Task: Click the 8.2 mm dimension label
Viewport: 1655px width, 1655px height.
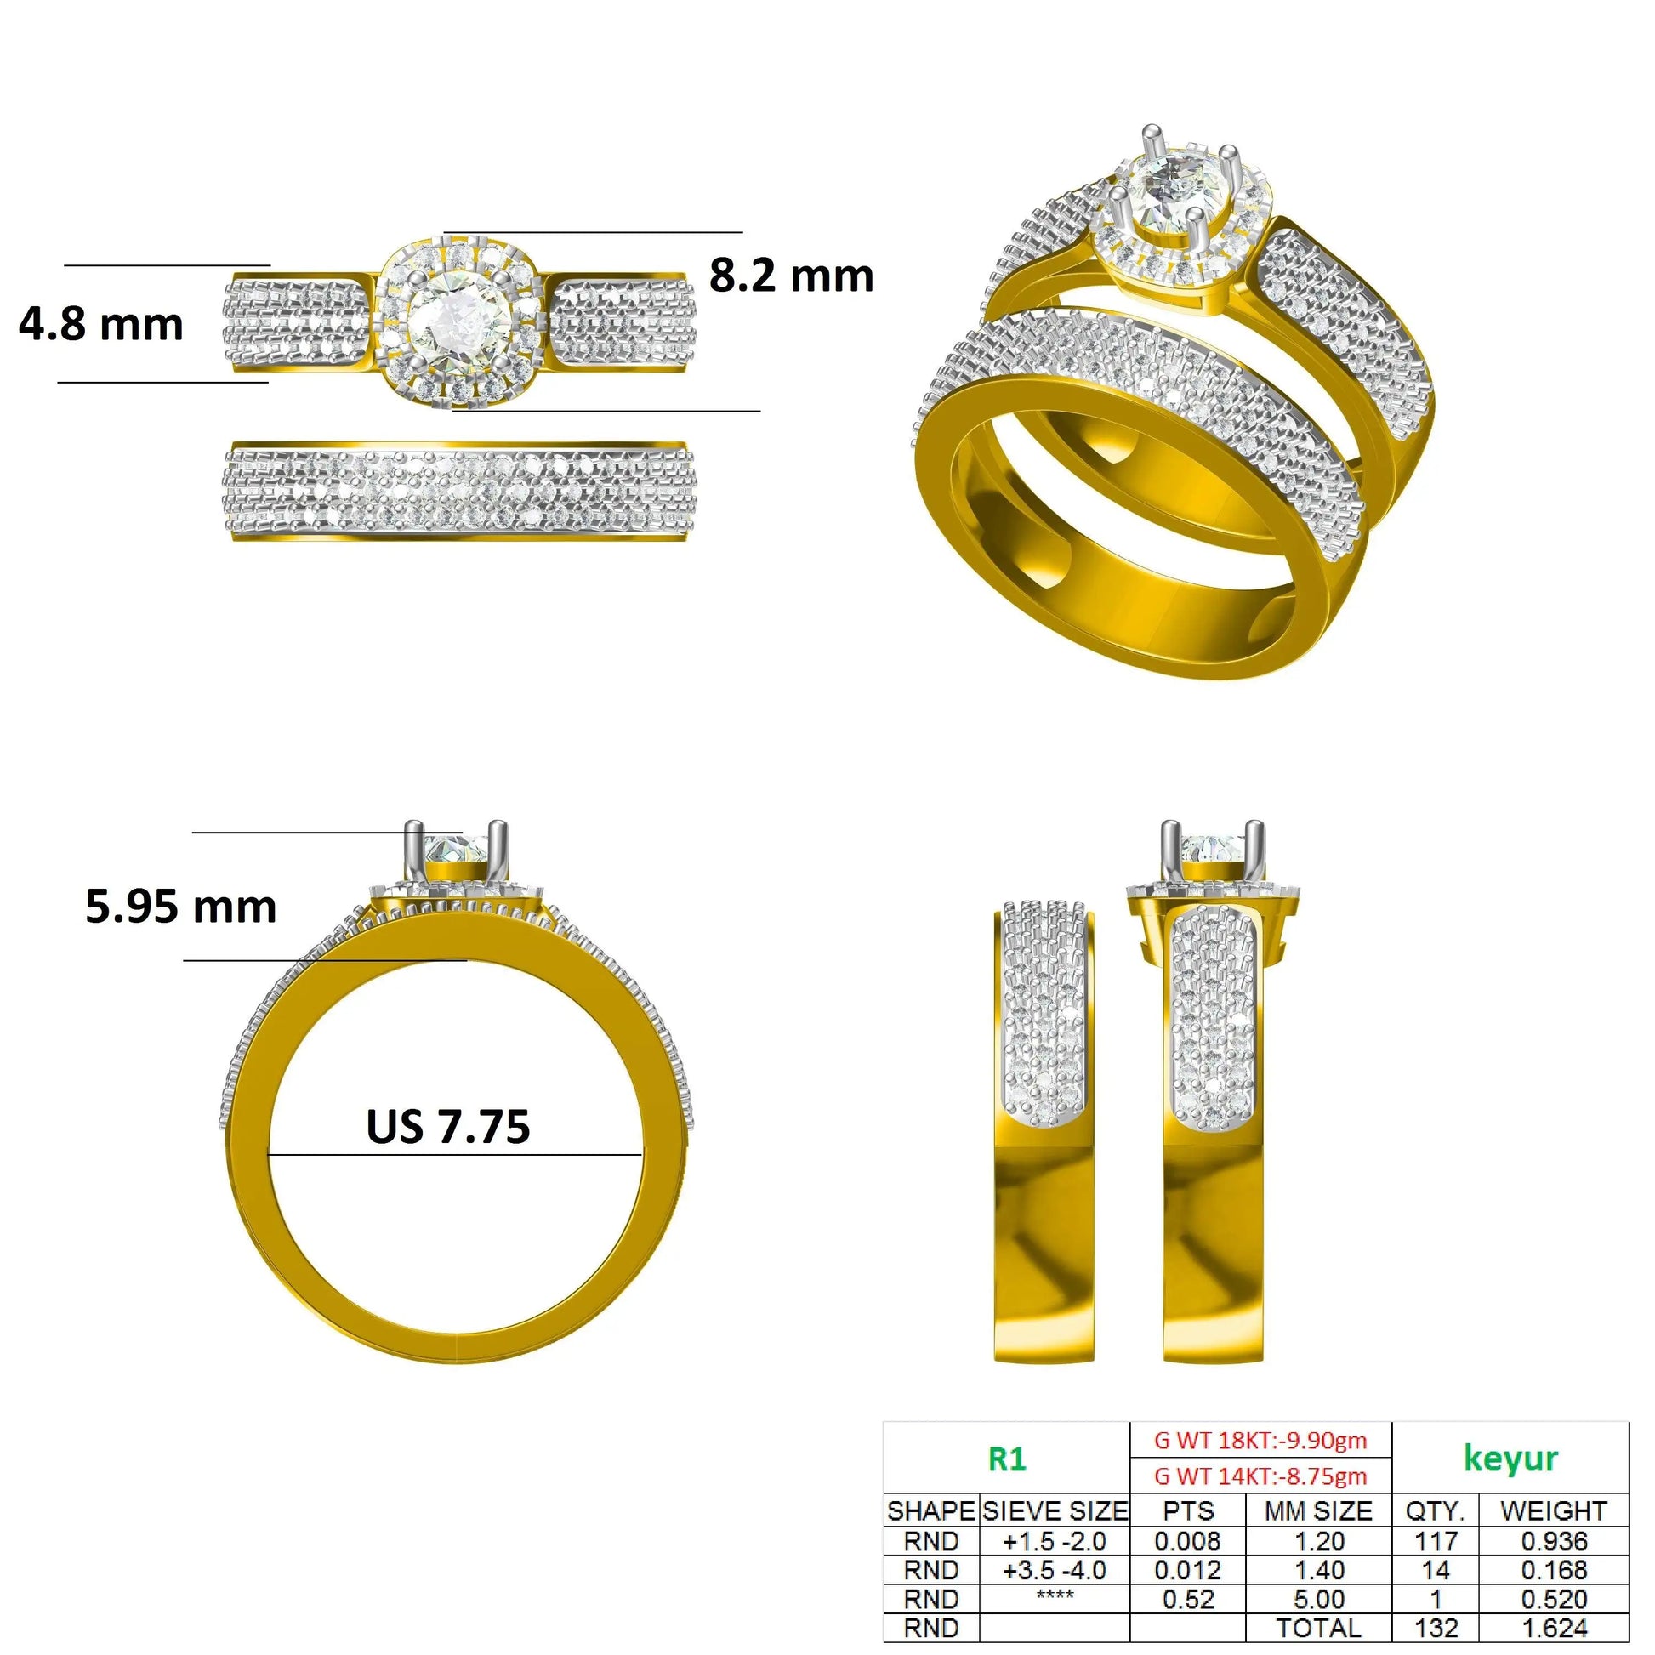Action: tap(791, 276)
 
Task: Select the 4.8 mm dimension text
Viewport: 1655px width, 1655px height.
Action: tap(101, 325)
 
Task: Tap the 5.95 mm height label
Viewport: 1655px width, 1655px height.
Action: tap(181, 907)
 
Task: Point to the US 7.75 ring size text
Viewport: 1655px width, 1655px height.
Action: tap(448, 1127)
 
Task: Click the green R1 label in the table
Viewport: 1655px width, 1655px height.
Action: tap(1007, 1458)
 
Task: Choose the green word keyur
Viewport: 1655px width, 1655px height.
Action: tap(1510, 1458)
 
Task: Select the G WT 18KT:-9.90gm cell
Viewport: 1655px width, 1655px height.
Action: tap(1260, 1440)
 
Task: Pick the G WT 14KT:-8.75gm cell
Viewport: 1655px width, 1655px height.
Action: tap(1260, 1476)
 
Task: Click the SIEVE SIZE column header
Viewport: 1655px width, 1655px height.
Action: tap(1055, 1510)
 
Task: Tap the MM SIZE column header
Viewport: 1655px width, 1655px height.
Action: tap(1318, 1510)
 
